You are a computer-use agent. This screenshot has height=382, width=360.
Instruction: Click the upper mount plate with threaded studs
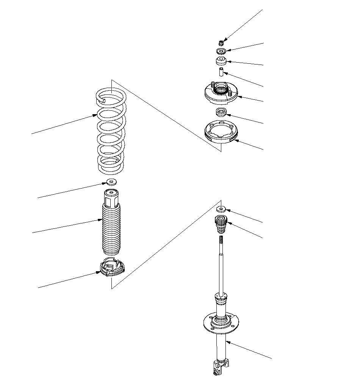[219, 95]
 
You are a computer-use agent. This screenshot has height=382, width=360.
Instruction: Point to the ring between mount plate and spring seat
[221, 112]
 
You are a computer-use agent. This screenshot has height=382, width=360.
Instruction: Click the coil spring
[111, 131]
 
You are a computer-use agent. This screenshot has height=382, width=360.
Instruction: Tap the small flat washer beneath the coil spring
[111, 182]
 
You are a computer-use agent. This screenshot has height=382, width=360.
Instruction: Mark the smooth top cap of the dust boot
[111, 198]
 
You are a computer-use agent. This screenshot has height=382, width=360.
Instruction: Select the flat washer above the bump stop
[221, 209]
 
